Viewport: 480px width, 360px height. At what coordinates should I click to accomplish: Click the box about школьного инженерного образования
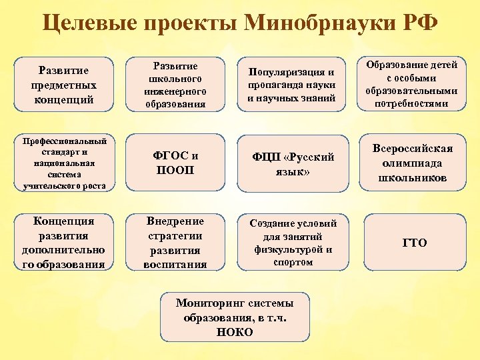pyautogui.click(x=175, y=85)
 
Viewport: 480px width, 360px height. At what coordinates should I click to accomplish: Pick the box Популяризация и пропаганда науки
pyautogui.click(x=291, y=85)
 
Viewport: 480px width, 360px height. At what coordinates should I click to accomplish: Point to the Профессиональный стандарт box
pyautogui.click(x=64, y=163)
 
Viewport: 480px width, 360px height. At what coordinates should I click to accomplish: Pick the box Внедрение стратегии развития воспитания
pyautogui.click(x=175, y=242)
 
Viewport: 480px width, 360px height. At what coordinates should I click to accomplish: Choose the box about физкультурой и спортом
pyautogui.click(x=292, y=243)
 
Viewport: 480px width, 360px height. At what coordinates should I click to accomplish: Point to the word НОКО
pyautogui.click(x=235, y=332)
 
